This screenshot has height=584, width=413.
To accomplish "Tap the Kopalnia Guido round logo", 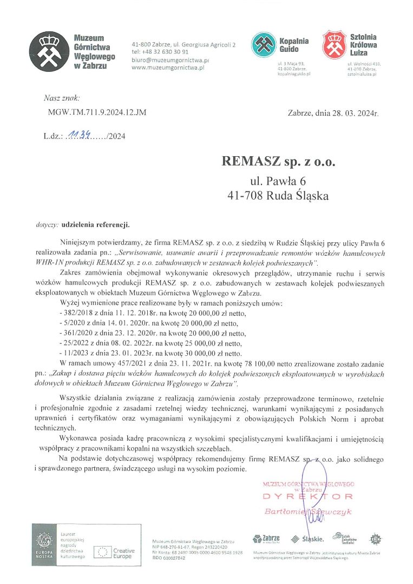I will pos(264,45).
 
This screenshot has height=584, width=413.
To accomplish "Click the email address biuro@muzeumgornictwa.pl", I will pos(171,60).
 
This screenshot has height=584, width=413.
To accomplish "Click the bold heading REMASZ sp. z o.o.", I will pos(278,161).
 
